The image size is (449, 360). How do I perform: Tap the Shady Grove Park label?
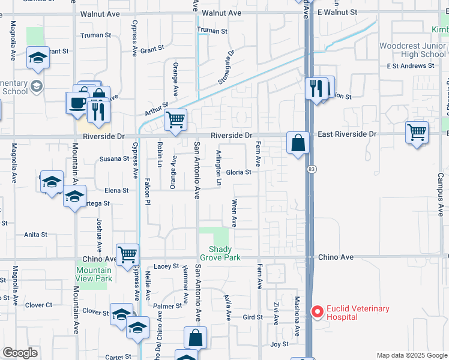pos(224,253)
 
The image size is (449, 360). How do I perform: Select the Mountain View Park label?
pos(94,274)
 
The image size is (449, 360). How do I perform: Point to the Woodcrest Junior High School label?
pos(412,49)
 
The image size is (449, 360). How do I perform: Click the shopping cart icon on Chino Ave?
pos(127,254)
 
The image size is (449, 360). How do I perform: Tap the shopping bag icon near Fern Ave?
pos(298,143)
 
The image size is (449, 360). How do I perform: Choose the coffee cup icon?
pos(77,101)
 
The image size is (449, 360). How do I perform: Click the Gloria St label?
pos(238,172)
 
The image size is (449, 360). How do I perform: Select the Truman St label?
pos(212,31)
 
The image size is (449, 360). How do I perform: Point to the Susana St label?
pos(114,158)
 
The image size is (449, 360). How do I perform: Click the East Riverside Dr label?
pos(347,134)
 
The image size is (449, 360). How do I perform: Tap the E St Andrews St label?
pos(410,65)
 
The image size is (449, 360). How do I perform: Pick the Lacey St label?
pos(166,266)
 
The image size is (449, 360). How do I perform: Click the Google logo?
pos(20,353)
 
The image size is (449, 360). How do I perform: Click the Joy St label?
pos(279,344)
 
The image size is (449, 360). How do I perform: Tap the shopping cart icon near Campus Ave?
pos(417,132)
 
